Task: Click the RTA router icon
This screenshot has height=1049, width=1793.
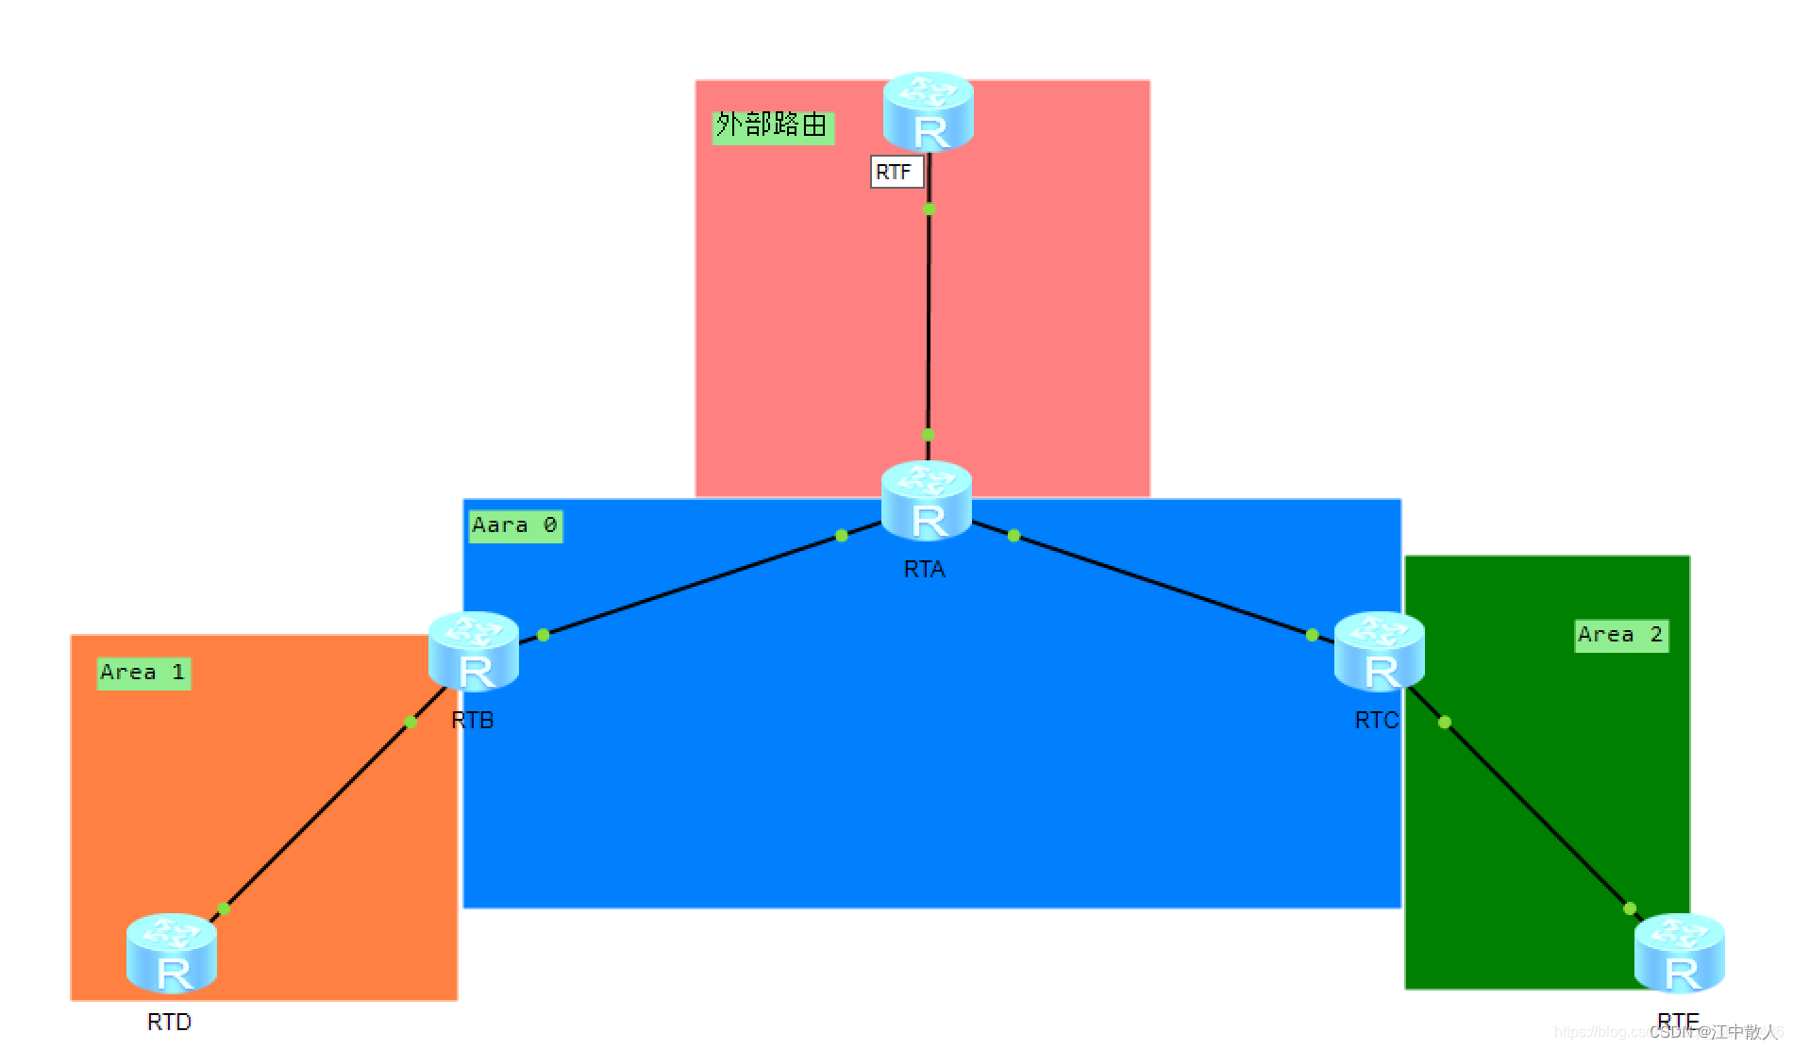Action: click(927, 501)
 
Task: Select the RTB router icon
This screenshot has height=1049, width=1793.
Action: click(474, 652)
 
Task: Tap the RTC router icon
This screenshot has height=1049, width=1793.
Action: click(1379, 652)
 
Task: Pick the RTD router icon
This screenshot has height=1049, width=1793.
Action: click(172, 954)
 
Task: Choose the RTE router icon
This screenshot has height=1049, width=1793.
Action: click(1680, 954)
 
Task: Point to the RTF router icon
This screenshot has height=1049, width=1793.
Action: click(929, 111)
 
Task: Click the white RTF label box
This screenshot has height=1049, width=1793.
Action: click(896, 172)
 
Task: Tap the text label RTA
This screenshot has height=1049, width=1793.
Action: click(924, 569)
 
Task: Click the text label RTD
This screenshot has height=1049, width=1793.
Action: click(170, 1022)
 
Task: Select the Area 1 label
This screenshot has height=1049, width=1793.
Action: click(143, 673)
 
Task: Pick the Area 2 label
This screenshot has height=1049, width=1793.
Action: click(1620, 635)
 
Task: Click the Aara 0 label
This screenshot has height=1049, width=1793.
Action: click(515, 525)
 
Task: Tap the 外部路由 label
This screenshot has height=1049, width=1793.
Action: click(772, 125)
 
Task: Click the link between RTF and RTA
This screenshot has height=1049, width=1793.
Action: click(929, 321)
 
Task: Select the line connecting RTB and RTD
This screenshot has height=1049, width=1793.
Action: click(316, 816)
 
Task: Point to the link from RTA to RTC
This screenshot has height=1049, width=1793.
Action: click(1161, 585)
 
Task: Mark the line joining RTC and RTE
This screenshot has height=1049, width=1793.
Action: click(1538, 816)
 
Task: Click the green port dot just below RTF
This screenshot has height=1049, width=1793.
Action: click(929, 208)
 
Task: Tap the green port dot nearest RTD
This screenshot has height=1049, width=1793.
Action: click(224, 908)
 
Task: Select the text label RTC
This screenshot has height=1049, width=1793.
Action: click(1377, 720)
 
